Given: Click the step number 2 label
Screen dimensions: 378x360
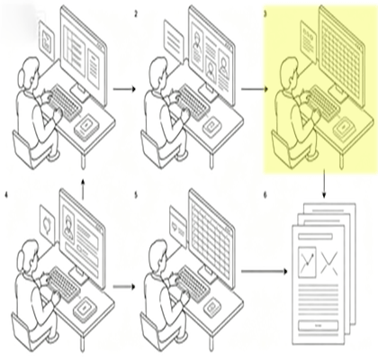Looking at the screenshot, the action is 136,14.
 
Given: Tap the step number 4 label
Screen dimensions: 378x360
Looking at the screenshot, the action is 6,195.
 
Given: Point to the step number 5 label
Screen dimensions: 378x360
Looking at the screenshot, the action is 136,195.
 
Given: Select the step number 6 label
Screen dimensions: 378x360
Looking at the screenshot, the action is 265,195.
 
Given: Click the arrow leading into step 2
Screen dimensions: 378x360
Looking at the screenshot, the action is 124,89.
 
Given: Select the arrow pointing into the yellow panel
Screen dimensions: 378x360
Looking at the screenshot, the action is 254,89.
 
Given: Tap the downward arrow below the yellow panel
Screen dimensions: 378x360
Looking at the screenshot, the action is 324,184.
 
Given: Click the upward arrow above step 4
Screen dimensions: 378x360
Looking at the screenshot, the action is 83,188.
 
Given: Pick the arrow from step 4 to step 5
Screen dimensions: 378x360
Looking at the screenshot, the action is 124,286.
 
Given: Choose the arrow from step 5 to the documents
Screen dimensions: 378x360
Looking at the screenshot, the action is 264,272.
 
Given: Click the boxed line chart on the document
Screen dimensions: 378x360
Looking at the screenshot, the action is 307,262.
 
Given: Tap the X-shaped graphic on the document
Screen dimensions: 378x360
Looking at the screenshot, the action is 329,263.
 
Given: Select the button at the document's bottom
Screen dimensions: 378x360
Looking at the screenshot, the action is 318,325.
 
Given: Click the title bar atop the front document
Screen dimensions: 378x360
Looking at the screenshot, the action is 315,237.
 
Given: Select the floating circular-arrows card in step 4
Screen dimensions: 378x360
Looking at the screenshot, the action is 48,224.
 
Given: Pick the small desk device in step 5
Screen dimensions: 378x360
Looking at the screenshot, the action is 213,307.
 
